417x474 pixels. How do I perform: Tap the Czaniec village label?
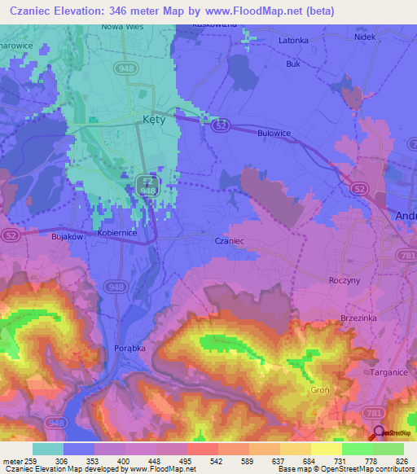coord(229,241)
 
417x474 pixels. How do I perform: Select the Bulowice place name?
coord(274,133)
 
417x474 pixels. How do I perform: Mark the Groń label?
coord(319,390)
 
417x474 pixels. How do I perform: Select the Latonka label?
coord(293,40)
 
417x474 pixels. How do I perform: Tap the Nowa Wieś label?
coord(122,26)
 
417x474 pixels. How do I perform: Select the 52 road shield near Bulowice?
coord(220,126)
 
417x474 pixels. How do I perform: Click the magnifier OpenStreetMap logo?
coord(376,432)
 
